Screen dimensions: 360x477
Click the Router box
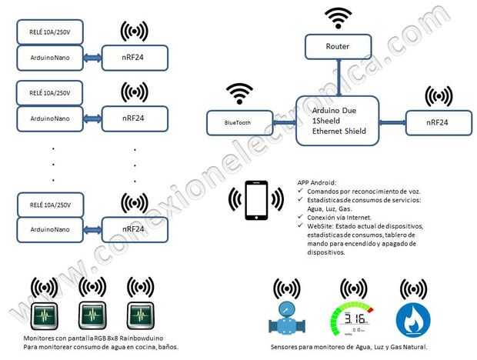click(x=338, y=47)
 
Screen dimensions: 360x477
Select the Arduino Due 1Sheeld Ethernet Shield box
click(x=337, y=120)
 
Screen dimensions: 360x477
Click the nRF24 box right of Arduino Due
click(x=439, y=122)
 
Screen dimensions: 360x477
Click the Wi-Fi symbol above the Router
click(x=338, y=17)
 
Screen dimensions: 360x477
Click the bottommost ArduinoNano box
click(x=49, y=228)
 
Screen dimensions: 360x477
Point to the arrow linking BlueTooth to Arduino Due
click(x=284, y=121)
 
